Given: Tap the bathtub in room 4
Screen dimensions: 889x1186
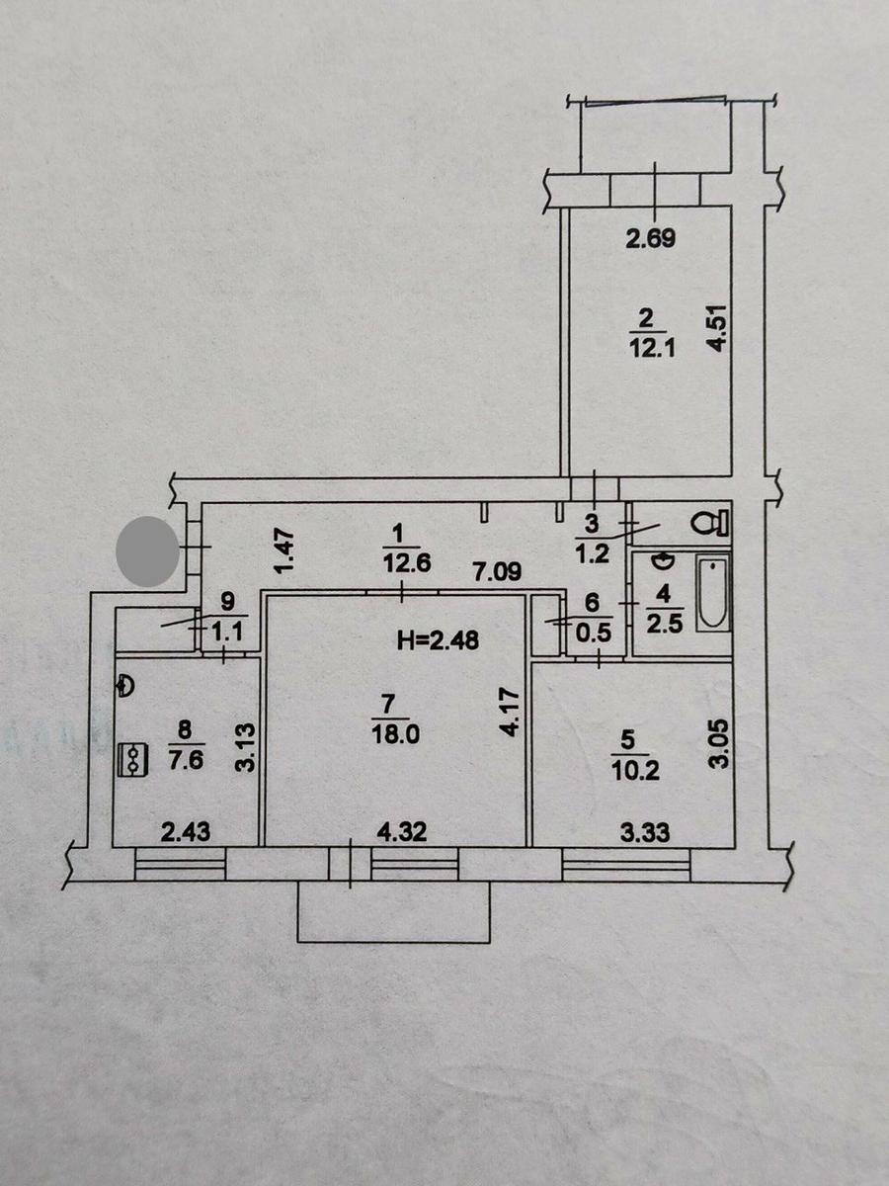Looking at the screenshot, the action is click(x=712, y=593).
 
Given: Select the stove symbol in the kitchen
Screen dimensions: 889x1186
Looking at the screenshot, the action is click(x=131, y=760).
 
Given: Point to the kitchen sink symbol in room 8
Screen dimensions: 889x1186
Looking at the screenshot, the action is click(x=124, y=685).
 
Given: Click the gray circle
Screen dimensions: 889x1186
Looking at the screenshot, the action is click(x=147, y=551).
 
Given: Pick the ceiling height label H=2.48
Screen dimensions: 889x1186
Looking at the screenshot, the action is click(x=438, y=640).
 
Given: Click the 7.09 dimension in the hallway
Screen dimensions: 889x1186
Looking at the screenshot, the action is click(x=498, y=572).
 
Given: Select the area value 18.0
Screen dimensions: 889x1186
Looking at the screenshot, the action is click(x=395, y=735).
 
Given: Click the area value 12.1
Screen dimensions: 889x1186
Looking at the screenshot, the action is click(x=653, y=349).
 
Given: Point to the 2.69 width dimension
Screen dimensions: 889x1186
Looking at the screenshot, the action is click(x=650, y=238).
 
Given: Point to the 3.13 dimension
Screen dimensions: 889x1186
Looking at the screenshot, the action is click(x=246, y=748).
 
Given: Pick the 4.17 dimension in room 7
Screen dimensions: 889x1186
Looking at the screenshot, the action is click(x=511, y=711).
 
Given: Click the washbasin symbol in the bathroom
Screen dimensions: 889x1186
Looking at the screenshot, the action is click(x=663, y=562).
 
